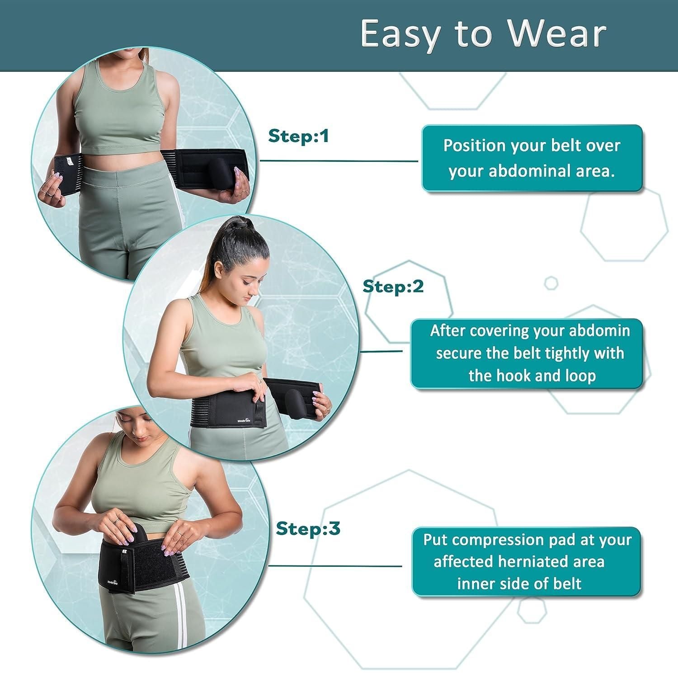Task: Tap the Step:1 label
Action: (298, 136)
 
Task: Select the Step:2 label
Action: (393, 287)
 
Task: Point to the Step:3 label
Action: (308, 528)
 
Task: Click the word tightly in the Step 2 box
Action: (569, 353)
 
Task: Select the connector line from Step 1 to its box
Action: (339, 160)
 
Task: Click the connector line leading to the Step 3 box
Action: (334, 566)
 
